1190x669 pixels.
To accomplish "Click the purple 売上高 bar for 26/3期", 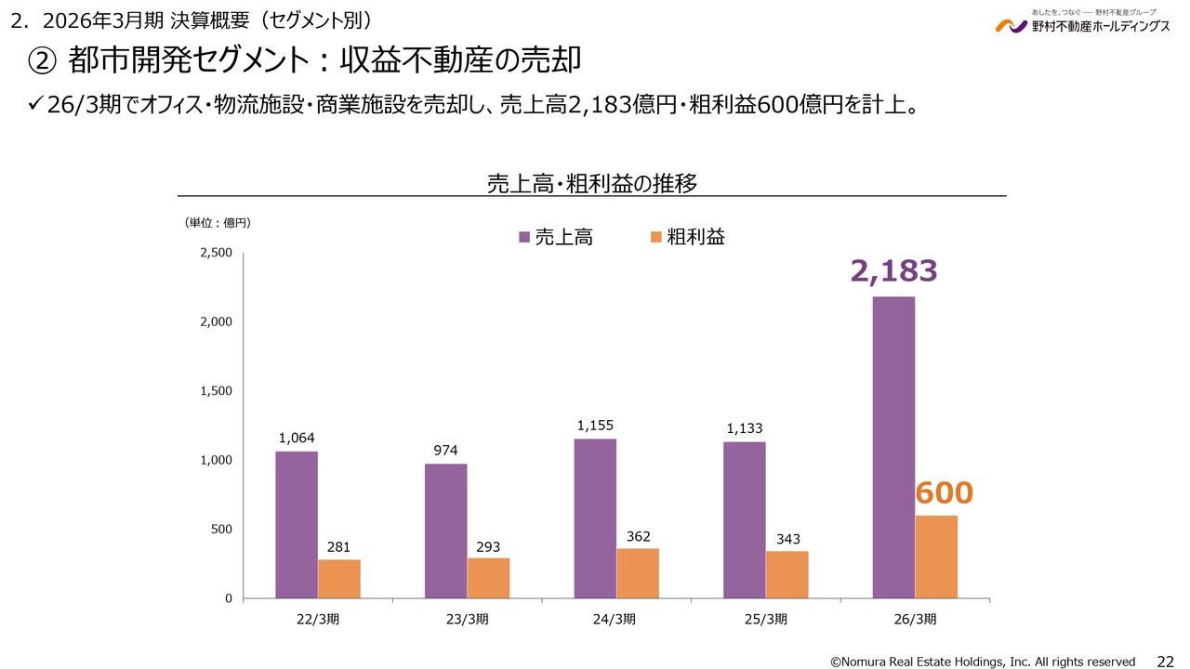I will click(x=893, y=447).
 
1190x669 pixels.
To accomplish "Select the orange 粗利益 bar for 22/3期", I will click(x=339, y=579).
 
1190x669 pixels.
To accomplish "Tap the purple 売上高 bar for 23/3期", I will click(x=446, y=531).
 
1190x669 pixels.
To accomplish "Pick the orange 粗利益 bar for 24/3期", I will click(x=638, y=573).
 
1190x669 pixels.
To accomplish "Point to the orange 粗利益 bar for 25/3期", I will click(x=787, y=574).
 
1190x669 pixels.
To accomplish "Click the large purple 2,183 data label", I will click(x=893, y=270).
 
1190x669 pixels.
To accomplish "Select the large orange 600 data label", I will click(x=944, y=492).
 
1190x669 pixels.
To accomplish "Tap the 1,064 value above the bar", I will click(x=297, y=438).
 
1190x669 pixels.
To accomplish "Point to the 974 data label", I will click(x=446, y=451).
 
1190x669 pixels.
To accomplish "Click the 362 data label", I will click(x=638, y=536).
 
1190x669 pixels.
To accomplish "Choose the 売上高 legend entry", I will click(x=556, y=237).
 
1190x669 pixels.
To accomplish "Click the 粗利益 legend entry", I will click(x=688, y=237).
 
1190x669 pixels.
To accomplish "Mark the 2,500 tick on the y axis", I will click(x=216, y=253).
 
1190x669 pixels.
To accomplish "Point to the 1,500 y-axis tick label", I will click(x=216, y=391).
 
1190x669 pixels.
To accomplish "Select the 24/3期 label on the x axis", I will click(x=616, y=619).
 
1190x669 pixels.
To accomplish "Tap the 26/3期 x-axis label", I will click(x=915, y=619).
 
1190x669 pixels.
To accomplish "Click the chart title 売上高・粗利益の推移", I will click(x=592, y=183).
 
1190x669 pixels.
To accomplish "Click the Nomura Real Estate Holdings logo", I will click(x=1082, y=23).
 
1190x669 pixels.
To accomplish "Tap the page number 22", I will click(x=1164, y=661).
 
